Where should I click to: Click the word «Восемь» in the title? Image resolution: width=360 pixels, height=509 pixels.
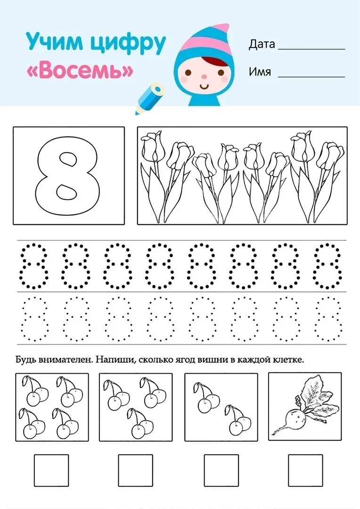[80, 70]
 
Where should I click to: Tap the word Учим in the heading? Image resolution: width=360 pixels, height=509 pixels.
[54, 41]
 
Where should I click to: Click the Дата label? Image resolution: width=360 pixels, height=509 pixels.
[262, 44]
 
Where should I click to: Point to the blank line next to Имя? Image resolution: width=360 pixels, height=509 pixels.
[311, 77]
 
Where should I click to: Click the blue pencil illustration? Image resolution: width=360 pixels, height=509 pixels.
[149, 99]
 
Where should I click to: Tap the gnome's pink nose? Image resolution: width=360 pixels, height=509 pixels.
[204, 77]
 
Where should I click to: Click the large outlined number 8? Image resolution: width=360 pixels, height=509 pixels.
[67, 175]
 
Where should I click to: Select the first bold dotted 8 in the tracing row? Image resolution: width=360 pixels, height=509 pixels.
[33, 266]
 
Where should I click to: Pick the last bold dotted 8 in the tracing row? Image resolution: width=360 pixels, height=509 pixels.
[327, 266]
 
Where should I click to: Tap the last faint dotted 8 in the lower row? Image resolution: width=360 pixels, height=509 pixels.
[328, 319]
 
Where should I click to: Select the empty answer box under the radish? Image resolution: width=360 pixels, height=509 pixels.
[305, 470]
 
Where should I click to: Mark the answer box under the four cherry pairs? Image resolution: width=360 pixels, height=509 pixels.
[51, 470]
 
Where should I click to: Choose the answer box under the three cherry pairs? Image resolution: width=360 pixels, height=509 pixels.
[135, 470]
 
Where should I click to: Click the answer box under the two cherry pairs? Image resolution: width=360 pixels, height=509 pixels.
[221, 470]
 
